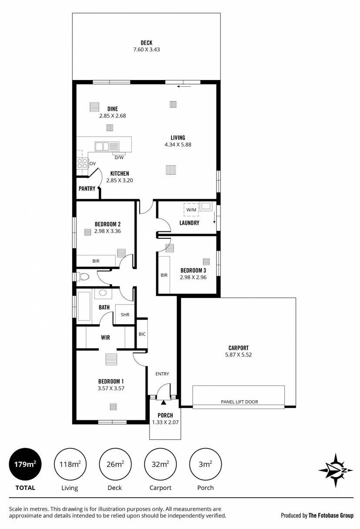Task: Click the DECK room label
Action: click(147, 43)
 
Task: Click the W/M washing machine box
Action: click(191, 210)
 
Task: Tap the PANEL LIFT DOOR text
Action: click(239, 402)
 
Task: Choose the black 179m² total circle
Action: click(25, 464)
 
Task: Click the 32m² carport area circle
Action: click(160, 464)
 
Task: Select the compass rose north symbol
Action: click(336, 470)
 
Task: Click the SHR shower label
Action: click(125, 315)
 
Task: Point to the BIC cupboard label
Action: click(142, 334)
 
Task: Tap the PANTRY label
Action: click(87, 188)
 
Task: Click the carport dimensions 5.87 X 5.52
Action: click(238, 355)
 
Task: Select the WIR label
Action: click(105, 338)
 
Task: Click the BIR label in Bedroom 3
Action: click(164, 275)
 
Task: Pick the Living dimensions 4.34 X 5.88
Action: click(178, 144)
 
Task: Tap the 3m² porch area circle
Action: click(205, 464)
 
